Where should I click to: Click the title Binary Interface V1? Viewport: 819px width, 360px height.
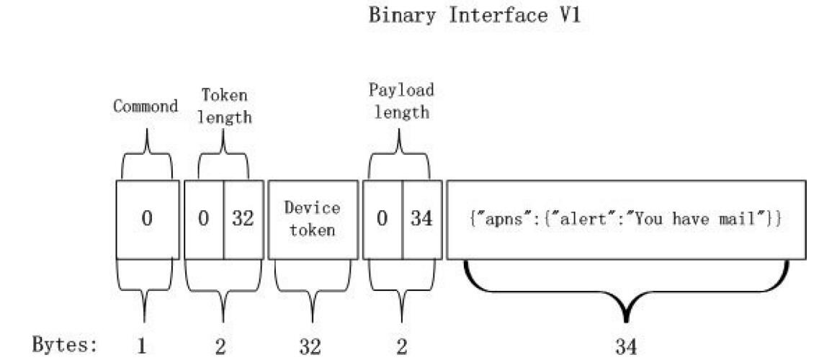[x=475, y=16]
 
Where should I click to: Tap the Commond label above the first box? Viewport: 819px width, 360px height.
[x=146, y=107]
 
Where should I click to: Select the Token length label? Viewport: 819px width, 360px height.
[x=225, y=105]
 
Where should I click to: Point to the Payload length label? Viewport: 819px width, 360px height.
[x=401, y=102]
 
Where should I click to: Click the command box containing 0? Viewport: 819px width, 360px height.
[x=147, y=219]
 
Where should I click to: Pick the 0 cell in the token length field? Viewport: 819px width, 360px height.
[x=204, y=219]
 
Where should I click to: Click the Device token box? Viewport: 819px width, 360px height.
[x=312, y=219]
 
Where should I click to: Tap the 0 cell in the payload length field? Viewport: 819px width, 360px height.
[x=382, y=219]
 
